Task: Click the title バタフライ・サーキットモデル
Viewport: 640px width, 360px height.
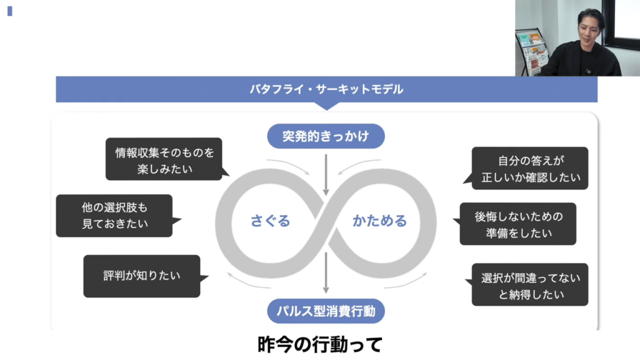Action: (x=326, y=89)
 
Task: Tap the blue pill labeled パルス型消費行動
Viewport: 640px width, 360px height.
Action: (x=326, y=310)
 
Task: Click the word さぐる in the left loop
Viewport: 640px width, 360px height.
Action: (x=271, y=221)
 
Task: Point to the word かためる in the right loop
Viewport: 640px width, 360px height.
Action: (x=379, y=221)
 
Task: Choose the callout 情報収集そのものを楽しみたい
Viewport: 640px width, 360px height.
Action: (x=164, y=160)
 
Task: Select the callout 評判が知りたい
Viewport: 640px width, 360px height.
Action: (x=142, y=276)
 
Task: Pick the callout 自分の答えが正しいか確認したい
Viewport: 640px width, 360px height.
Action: (x=530, y=168)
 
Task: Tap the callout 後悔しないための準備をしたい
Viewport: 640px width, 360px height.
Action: (x=517, y=224)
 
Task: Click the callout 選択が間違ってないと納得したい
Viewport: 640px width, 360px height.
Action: (x=530, y=284)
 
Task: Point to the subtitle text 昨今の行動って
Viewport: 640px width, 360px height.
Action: (x=319, y=344)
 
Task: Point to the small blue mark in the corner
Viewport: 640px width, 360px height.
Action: (x=10, y=11)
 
